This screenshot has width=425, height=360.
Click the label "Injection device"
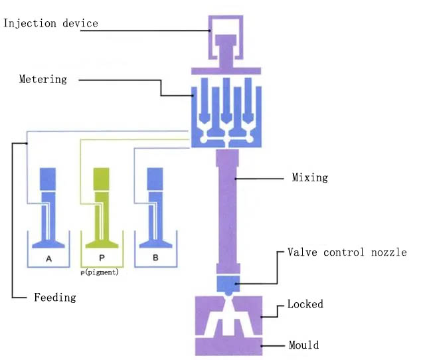50,24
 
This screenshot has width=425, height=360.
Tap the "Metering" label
42,80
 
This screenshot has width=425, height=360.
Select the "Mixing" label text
310,178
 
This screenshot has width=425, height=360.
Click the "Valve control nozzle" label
347,252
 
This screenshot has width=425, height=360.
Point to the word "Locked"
305,305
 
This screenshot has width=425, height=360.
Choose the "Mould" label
303,345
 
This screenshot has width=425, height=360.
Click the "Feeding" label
55,298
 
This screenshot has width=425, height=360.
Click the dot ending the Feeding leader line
26,143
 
